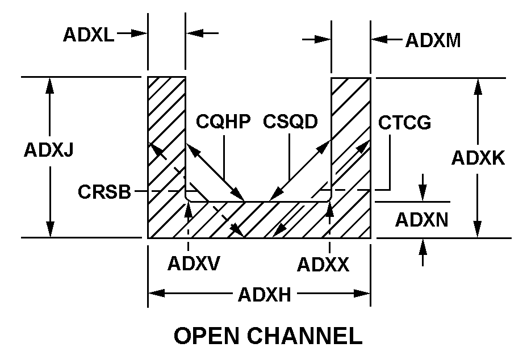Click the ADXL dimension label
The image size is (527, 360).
tap(88, 35)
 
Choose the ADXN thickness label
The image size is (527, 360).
tap(421, 220)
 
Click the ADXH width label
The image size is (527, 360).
tap(265, 295)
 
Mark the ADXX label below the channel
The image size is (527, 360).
tap(323, 264)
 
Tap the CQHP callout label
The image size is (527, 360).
tap(223, 122)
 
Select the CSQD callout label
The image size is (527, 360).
tap(290, 122)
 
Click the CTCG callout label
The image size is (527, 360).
tap(405, 123)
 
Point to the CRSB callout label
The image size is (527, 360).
tap(104, 192)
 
